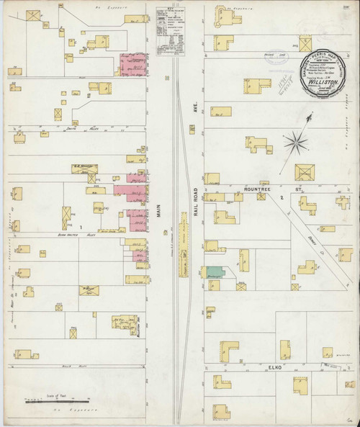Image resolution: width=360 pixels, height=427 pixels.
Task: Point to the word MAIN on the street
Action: click(158, 212)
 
